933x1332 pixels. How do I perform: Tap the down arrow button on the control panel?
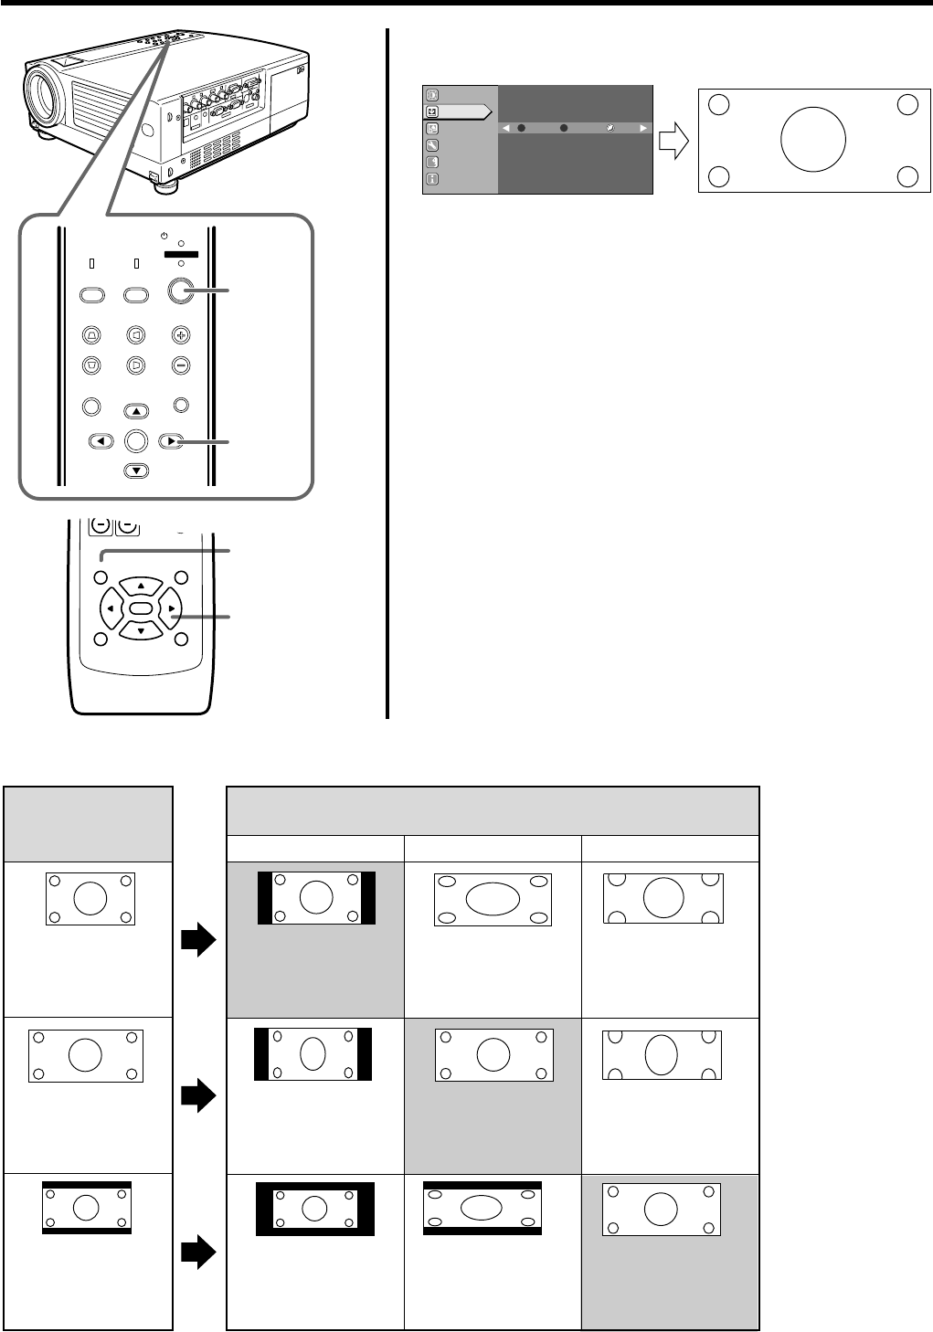click(135, 471)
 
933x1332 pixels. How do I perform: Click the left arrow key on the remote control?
click(111, 608)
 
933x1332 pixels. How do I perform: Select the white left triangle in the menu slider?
click(506, 129)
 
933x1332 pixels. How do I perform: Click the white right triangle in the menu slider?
click(643, 129)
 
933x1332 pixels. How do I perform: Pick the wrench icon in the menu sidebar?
click(432, 145)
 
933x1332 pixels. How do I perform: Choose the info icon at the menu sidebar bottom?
click(432, 179)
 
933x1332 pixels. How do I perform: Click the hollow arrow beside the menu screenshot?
click(673, 140)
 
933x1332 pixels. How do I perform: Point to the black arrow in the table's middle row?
click(197, 1094)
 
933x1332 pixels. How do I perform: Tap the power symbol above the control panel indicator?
click(164, 233)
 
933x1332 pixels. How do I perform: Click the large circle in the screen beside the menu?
click(813, 139)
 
